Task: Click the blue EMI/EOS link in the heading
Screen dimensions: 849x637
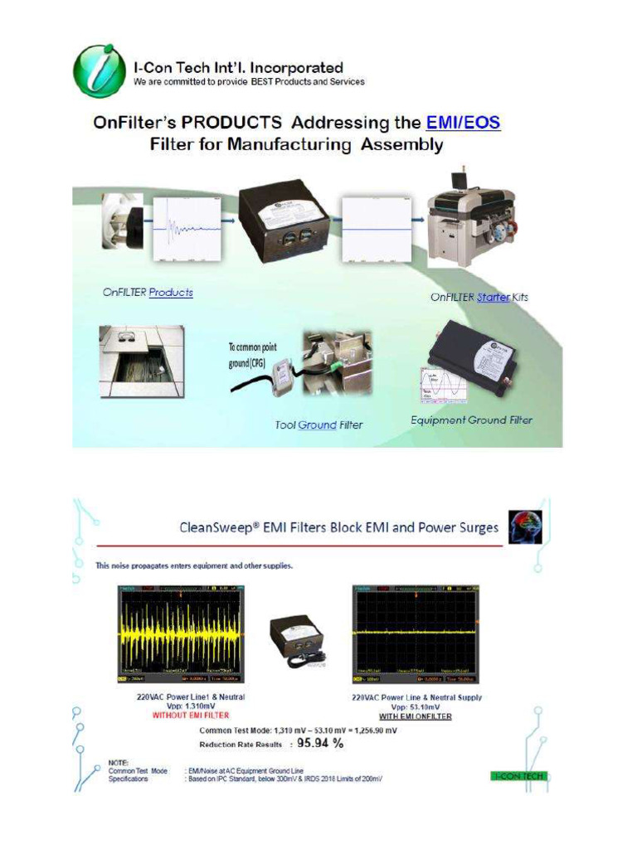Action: click(x=463, y=124)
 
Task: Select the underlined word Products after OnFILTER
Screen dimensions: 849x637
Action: click(x=171, y=293)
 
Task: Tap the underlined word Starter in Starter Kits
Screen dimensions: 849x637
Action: click(x=494, y=297)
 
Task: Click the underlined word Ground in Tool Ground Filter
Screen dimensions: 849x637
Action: click(x=317, y=425)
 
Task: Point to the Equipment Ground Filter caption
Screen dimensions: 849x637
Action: click(x=471, y=420)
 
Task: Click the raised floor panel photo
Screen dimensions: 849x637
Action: click(x=141, y=360)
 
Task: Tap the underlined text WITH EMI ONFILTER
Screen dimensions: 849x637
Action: click(x=416, y=716)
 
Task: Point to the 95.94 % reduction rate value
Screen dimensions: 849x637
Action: click(x=314, y=744)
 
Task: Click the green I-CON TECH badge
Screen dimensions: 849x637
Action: click(x=519, y=777)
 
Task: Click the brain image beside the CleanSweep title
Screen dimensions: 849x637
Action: click(x=525, y=527)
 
